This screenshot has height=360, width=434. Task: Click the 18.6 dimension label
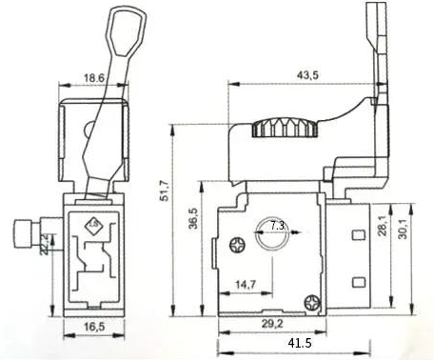click(x=94, y=78)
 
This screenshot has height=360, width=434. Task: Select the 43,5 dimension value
click(x=307, y=75)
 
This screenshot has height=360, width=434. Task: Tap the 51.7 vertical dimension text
click(x=165, y=190)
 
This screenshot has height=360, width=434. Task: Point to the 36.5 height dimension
click(x=193, y=218)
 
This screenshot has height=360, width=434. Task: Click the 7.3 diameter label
click(x=278, y=226)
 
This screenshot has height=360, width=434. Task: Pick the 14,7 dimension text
click(x=246, y=285)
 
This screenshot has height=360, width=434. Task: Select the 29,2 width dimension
click(x=272, y=324)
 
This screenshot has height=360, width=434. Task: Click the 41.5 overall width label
click(x=300, y=343)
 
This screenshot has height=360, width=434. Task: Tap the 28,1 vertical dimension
click(x=383, y=226)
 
